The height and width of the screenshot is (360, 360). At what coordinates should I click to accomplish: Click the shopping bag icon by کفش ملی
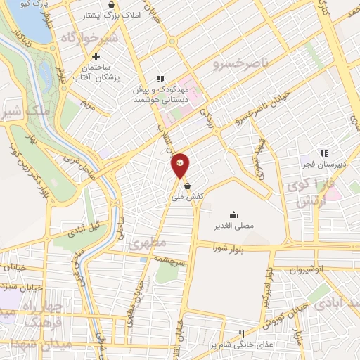[188, 186]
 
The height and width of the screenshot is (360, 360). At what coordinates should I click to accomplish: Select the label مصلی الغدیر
[233, 227]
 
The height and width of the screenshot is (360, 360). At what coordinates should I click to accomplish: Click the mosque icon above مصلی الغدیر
[233, 215]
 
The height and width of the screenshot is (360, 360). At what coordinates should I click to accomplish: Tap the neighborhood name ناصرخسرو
[240, 64]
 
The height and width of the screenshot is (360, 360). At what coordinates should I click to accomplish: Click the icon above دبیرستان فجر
[324, 153]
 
